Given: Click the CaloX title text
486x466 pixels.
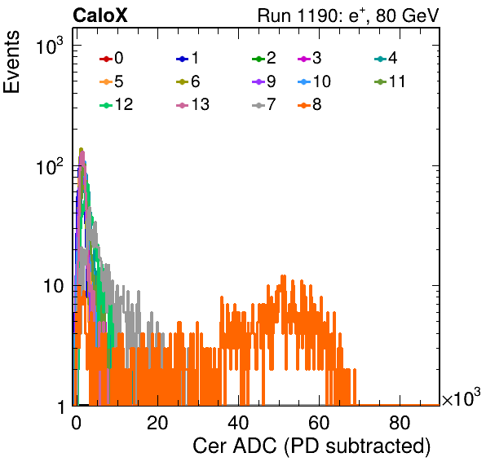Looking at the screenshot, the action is (100, 15).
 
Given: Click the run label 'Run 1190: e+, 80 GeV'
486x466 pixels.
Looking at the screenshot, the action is (348, 15).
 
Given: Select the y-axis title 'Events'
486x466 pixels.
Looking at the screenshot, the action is (11, 62).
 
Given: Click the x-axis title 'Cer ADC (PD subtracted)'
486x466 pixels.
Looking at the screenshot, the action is (311, 446).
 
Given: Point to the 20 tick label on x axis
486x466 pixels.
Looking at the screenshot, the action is (157, 423).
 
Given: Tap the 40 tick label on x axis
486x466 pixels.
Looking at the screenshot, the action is (238, 423).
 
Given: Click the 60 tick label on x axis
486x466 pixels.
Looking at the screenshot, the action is (319, 423).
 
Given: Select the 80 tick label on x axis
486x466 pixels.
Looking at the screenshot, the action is (400, 423).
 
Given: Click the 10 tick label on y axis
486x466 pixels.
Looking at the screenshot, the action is (53, 286).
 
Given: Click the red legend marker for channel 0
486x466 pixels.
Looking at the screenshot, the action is (106, 59).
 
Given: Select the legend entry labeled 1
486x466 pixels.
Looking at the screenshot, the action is (188, 58).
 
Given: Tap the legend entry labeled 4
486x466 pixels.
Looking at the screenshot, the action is (386, 58).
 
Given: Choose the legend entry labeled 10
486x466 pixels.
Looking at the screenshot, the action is (314, 81).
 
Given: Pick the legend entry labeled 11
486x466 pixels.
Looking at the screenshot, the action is (390, 81).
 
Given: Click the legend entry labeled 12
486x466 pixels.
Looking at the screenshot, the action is (117, 104).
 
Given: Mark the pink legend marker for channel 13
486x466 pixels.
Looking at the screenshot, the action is (183, 105).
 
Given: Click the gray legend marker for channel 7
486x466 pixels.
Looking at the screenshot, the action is (258, 105).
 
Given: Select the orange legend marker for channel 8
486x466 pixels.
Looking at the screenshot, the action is (304, 105).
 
